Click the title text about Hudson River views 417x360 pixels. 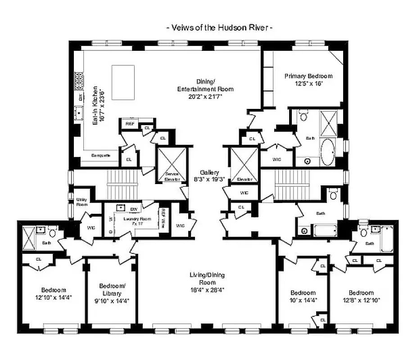(x=220, y=28)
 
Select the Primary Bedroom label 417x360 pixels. (x=308, y=80)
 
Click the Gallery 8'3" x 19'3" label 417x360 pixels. (x=210, y=175)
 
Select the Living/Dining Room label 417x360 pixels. (x=207, y=282)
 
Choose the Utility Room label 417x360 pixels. (x=82, y=201)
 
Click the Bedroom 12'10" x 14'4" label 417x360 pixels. (x=54, y=293)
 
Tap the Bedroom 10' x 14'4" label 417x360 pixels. (x=303, y=296)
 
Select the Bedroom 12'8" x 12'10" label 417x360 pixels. (x=361, y=296)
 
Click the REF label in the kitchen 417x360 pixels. (x=130, y=123)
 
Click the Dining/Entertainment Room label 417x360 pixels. (x=205, y=89)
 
